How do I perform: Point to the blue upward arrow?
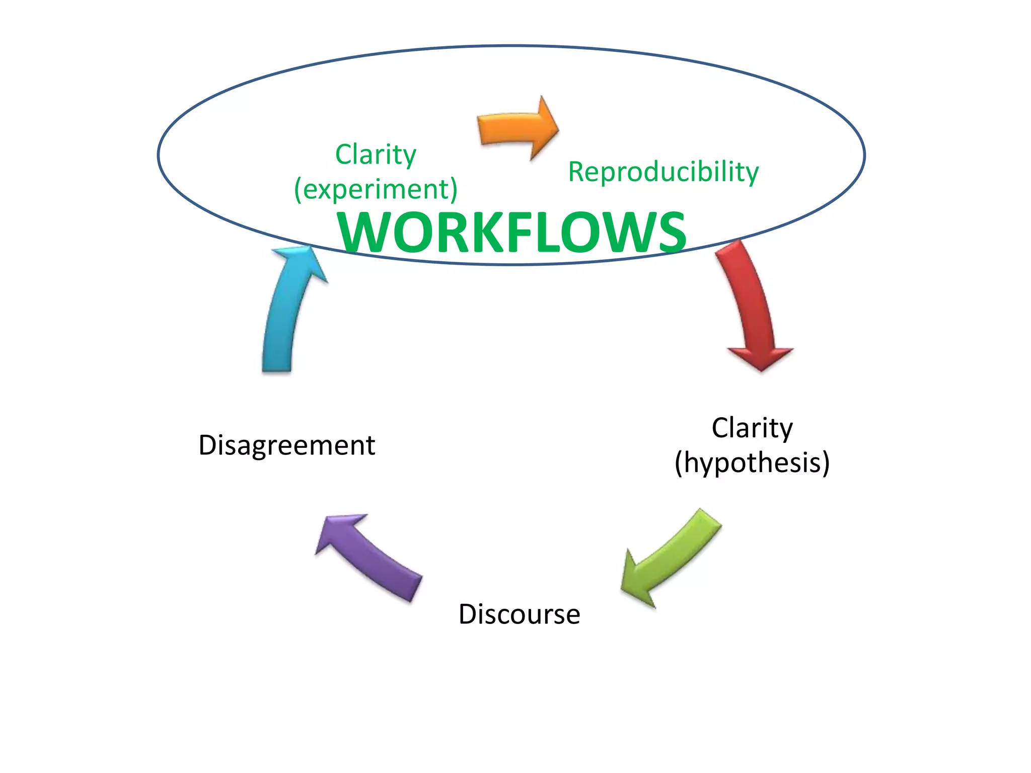click(x=287, y=312)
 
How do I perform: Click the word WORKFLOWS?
click(x=512, y=233)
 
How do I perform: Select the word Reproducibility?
click(x=663, y=172)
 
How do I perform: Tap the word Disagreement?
click(x=286, y=445)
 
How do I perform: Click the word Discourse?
click(x=519, y=614)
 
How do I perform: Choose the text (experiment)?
click(x=376, y=189)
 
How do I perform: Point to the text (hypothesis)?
click(x=752, y=462)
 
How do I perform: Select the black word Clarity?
click(x=752, y=428)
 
